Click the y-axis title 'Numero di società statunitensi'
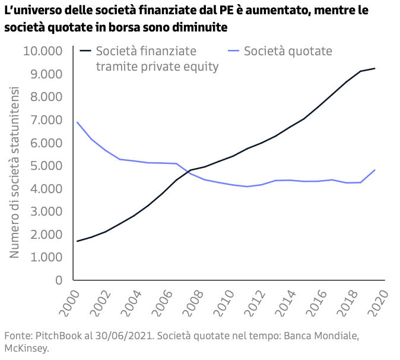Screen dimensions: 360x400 point(14,172)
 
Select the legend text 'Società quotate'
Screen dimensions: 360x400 point(288,51)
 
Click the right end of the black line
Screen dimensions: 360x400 point(374,68)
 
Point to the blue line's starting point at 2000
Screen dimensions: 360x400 point(77,122)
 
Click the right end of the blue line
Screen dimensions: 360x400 point(374,170)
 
